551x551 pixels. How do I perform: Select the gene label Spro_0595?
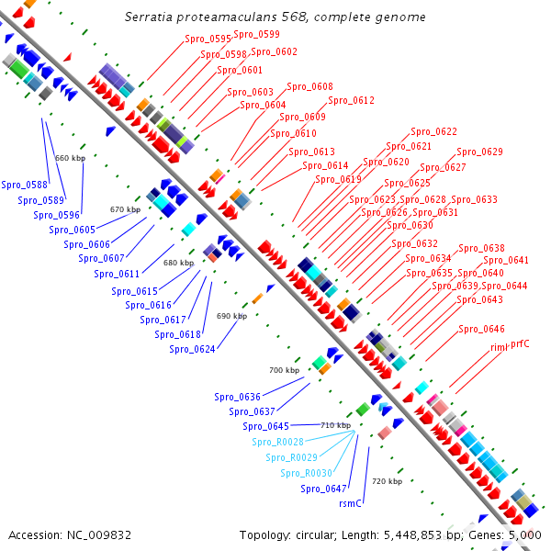click(x=208, y=39)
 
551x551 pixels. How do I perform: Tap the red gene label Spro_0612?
click(x=352, y=101)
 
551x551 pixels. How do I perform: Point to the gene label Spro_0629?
click(x=480, y=152)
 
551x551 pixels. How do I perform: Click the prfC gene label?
click(x=522, y=343)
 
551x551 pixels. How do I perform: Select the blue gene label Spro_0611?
click(x=117, y=274)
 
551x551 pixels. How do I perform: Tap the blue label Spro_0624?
click(x=192, y=349)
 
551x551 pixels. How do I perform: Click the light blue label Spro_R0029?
click(x=291, y=457)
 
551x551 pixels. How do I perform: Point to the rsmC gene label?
click(x=351, y=503)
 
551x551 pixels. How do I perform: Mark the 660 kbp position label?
click(x=70, y=158)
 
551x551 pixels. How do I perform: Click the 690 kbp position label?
click(x=231, y=316)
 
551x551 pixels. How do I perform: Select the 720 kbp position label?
click(x=387, y=481)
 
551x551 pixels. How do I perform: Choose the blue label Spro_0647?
click(x=323, y=489)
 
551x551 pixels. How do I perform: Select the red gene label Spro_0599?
click(x=256, y=34)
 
